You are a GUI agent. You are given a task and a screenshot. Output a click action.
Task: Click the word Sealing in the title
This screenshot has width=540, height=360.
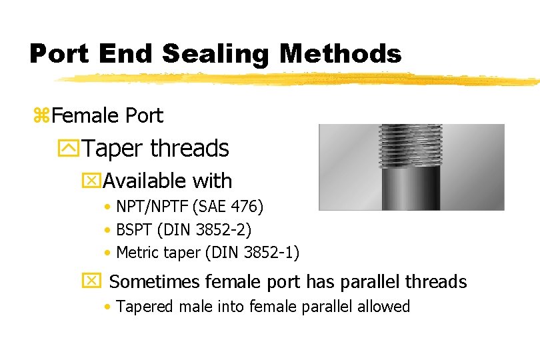(217, 53)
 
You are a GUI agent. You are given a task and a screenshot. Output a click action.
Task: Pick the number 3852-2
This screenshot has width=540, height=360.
(228, 230)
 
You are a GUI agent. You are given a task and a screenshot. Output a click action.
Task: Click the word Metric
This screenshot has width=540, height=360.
(136, 253)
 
